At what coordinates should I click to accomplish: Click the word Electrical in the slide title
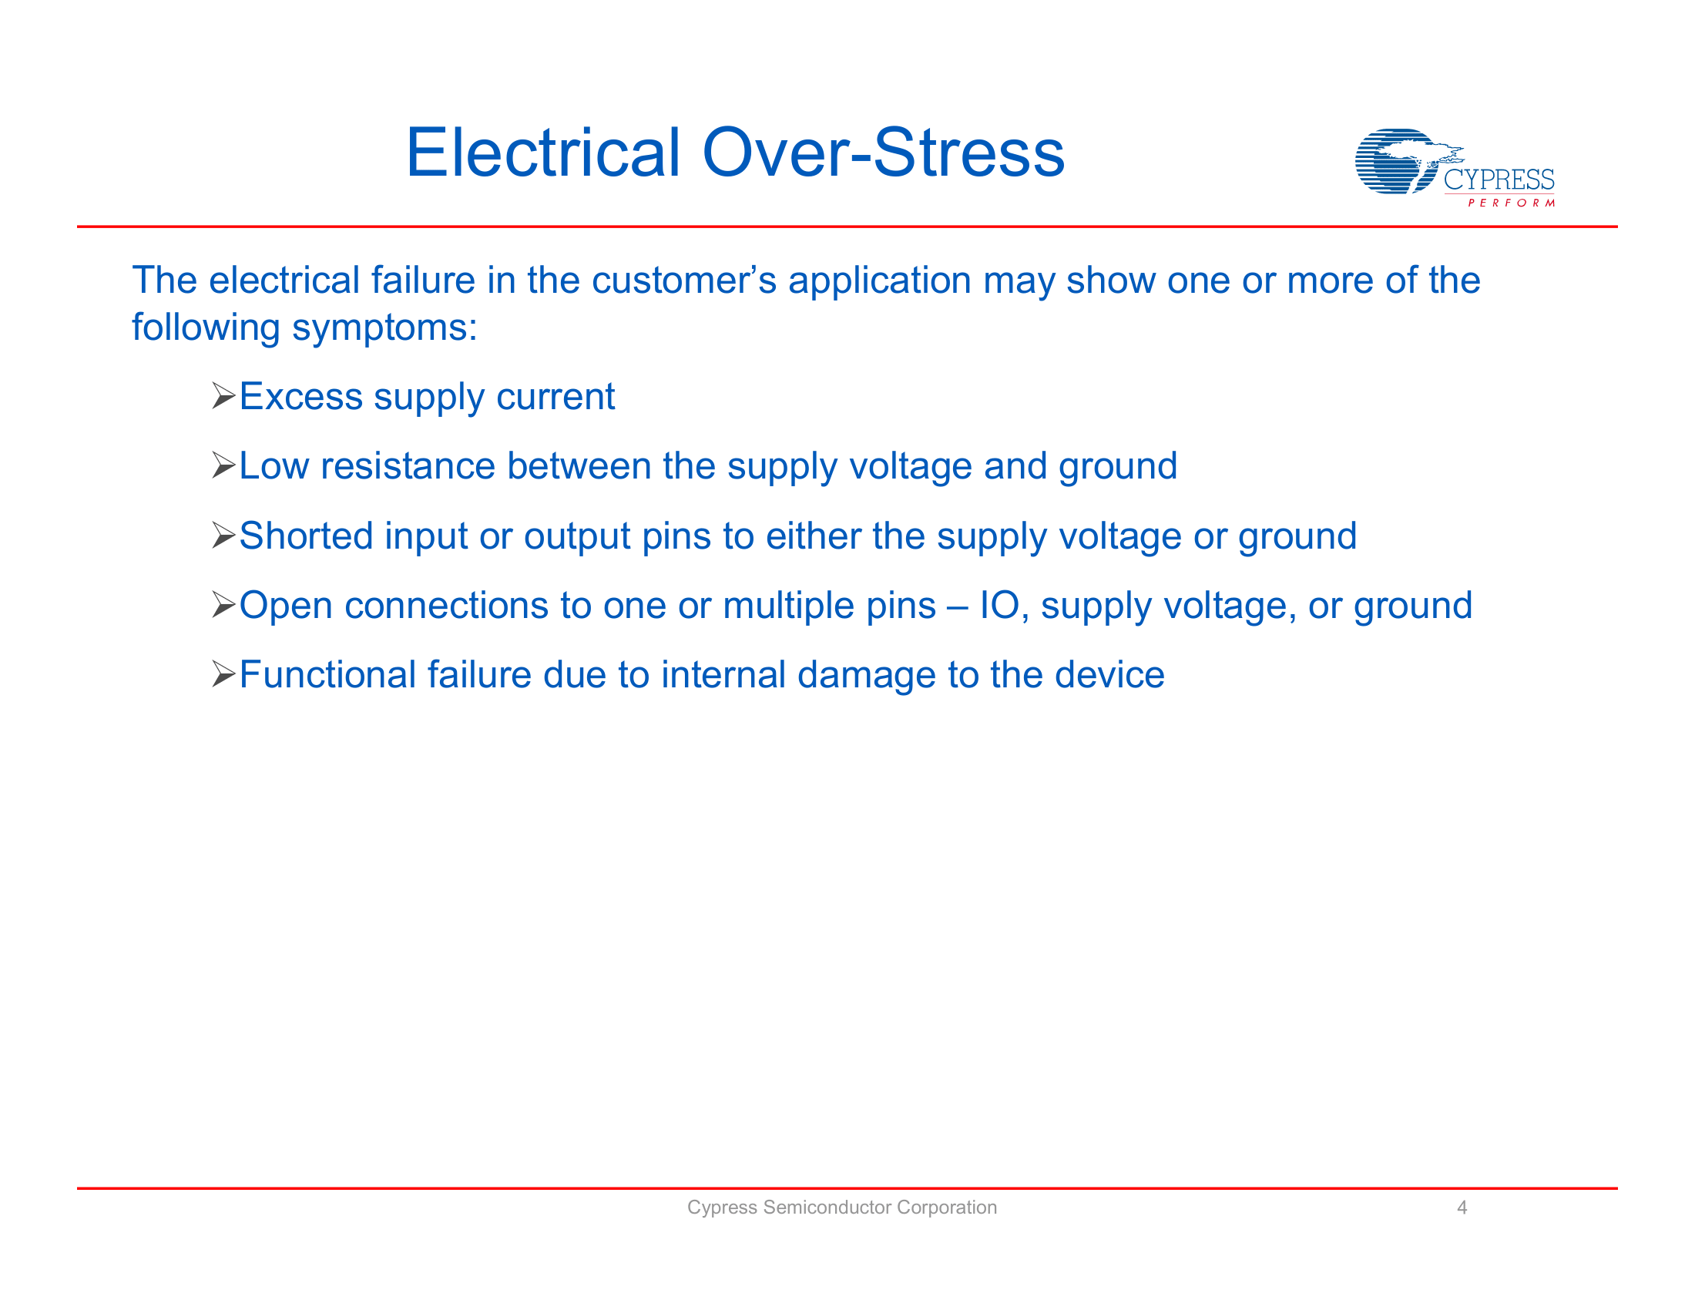coord(543,153)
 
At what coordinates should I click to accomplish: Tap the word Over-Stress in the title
coord(883,153)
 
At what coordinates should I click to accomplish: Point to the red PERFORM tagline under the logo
coord(1511,203)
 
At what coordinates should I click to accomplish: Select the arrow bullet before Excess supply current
coord(223,397)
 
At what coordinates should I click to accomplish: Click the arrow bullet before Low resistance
coord(223,465)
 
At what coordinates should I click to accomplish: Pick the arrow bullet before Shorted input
coord(223,536)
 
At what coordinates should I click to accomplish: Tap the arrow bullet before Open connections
coord(223,605)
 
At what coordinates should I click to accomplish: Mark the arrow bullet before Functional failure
coord(223,674)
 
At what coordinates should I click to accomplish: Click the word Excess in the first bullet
coord(300,397)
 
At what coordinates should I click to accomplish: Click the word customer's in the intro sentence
coord(683,280)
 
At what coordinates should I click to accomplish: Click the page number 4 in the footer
coord(1462,1207)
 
